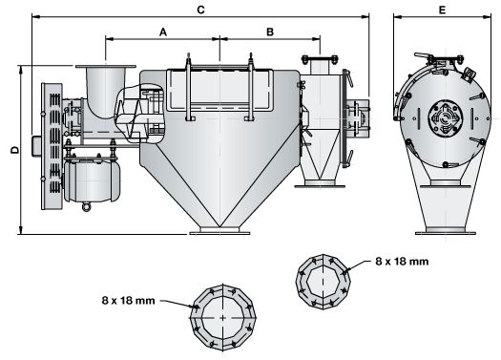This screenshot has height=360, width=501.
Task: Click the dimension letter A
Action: click(163, 32)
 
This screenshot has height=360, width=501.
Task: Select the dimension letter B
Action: click(270, 32)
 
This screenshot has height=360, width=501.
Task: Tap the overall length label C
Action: click(200, 9)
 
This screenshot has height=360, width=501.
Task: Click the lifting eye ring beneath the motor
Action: click(88, 205)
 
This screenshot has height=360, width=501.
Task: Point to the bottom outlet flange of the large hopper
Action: click(215, 227)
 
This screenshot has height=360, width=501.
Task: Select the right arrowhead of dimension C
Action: click(369, 16)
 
